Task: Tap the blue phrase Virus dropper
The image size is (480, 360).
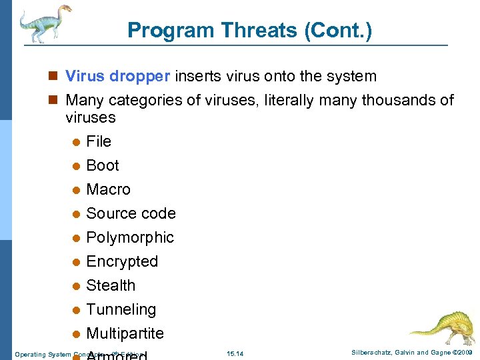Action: point(117,77)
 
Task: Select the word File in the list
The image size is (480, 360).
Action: point(99,141)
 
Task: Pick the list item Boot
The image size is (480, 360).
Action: point(103,165)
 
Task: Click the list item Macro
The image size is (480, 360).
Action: point(109,189)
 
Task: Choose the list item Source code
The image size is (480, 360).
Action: point(131,213)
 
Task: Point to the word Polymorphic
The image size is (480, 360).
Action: point(130,237)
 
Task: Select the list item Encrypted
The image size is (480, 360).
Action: point(122,261)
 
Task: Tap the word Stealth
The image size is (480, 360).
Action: point(111,285)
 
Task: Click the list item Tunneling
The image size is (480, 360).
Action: point(121,309)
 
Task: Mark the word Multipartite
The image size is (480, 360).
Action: point(125,333)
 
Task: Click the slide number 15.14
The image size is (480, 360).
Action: point(235,353)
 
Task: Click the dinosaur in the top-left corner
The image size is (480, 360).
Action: point(43,23)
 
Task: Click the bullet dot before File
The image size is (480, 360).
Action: point(76,142)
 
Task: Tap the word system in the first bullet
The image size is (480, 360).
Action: point(354,77)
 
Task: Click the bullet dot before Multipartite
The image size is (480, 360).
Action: point(76,334)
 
